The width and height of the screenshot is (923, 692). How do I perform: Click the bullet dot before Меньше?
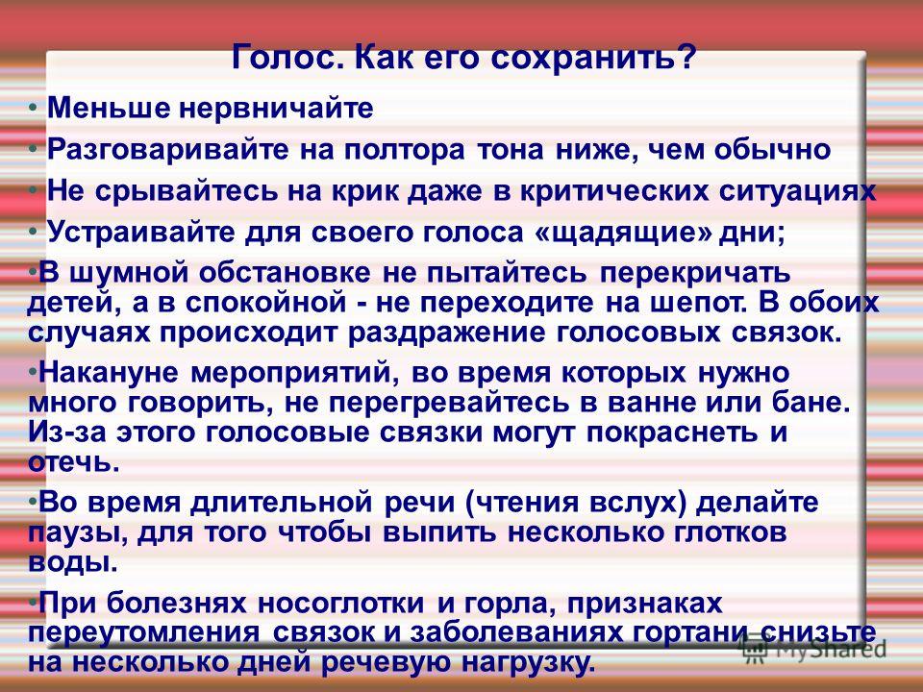coord(36,109)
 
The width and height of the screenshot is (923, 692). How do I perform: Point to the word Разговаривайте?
coord(168,151)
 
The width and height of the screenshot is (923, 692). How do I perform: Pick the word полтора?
coord(405,151)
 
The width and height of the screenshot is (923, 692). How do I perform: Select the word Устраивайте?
coord(140,233)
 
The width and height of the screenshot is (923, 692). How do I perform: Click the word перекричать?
coord(695,274)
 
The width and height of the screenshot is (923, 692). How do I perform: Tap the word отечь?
coord(74,462)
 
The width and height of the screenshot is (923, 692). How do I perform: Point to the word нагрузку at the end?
coord(528,662)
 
